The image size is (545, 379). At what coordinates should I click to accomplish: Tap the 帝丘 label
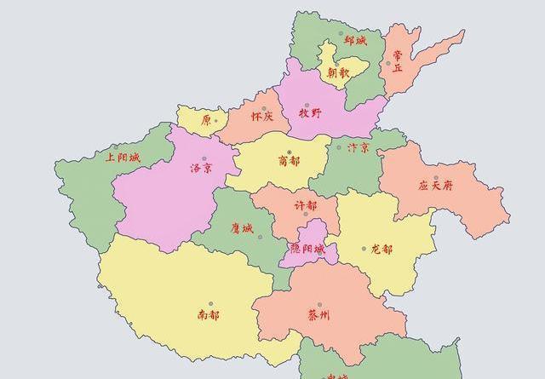click(397, 60)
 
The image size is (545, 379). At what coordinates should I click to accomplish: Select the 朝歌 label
click(338, 72)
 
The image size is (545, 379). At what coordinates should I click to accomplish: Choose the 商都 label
click(289, 161)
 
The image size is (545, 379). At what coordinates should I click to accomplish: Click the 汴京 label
click(359, 147)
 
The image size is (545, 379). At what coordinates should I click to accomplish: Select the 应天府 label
click(435, 186)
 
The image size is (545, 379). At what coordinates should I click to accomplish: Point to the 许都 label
click(305, 205)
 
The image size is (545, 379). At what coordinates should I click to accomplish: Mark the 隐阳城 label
click(307, 249)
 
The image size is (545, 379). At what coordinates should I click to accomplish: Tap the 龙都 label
click(382, 250)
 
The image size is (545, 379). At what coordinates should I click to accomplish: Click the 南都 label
click(208, 315)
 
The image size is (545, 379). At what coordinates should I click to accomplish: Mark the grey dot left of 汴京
click(341, 146)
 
